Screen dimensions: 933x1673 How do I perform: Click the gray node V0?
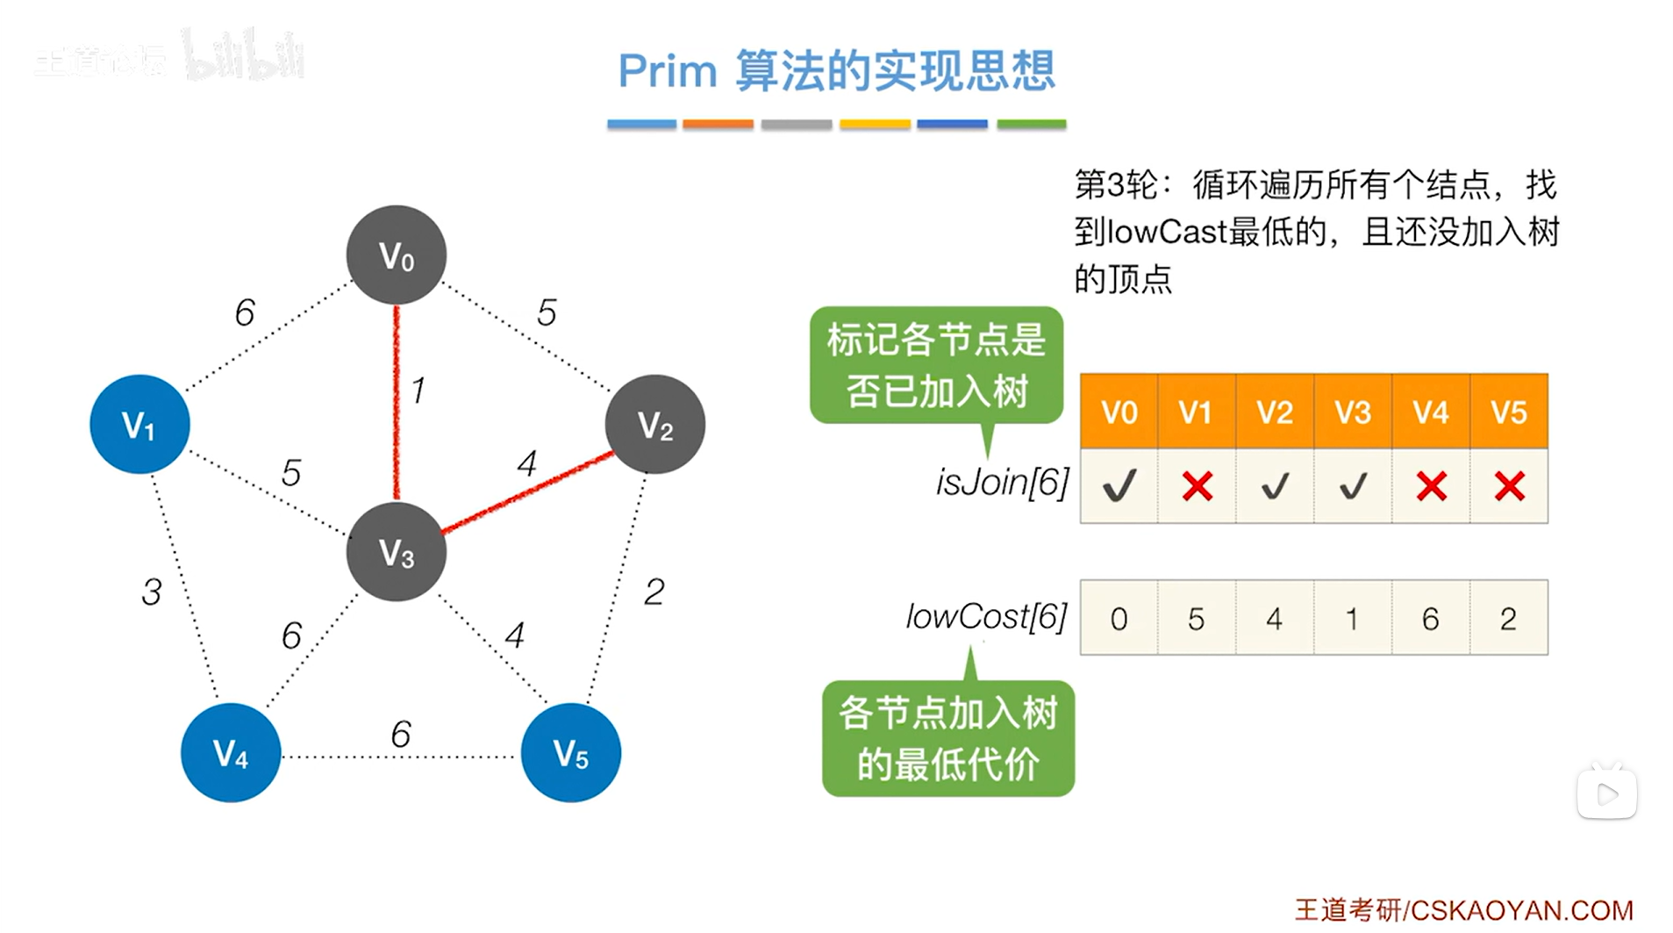pyautogui.click(x=396, y=255)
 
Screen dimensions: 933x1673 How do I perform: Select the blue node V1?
pyautogui.click(x=139, y=425)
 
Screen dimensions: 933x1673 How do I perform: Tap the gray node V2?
pyautogui.click(x=654, y=425)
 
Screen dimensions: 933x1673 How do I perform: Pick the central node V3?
pyautogui.click(x=396, y=552)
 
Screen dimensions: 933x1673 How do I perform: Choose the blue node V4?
pyautogui.click(x=231, y=753)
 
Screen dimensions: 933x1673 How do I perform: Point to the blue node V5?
pyautogui.click(x=570, y=753)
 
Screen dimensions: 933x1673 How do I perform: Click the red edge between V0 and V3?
pyautogui.click(x=397, y=404)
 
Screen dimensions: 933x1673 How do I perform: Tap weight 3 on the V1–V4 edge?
pyautogui.click(x=152, y=592)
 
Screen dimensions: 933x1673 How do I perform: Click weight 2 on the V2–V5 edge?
pyautogui.click(x=654, y=592)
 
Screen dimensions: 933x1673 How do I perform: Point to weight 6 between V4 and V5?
pyautogui.click(x=401, y=734)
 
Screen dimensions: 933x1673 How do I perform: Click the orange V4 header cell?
pyautogui.click(x=1430, y=412)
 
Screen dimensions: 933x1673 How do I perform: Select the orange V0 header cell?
pyautogui.click(x=1119, y=412)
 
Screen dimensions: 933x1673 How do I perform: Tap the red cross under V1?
pyautogui.click(x=1197, y=486)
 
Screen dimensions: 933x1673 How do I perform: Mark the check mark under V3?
pyautogui.click(x=1352, y=486)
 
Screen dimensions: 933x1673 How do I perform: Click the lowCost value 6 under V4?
pyautogui.click(x=1430, y=619)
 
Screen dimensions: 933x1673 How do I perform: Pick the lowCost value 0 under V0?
pyautogui.click(x=1119, y=619)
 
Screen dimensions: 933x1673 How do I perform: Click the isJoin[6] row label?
pyautogui.click(x=1002, y=482)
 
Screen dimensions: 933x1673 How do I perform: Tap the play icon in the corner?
pyautogui.click(x=1606, y=794)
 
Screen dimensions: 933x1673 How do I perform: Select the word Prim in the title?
pyautogui.click(x=668, y=70)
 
